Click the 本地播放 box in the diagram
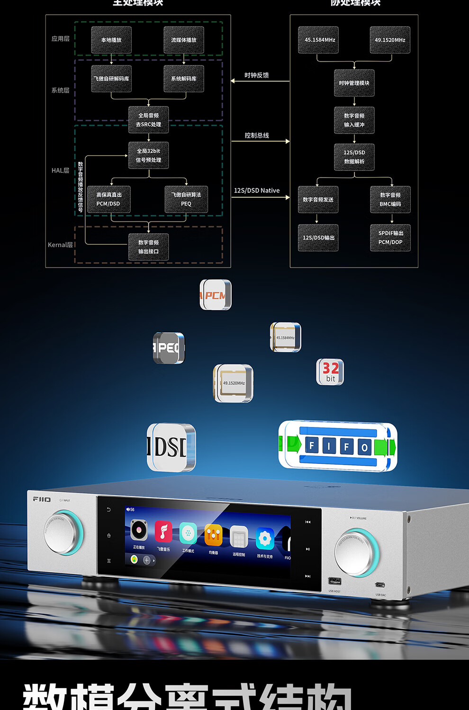111,40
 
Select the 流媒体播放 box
184,40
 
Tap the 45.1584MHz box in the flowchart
320,40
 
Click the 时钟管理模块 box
354,83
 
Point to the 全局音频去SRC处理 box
148,120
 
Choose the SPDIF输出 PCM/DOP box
390,238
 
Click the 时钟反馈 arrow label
257,75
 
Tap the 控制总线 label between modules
257,135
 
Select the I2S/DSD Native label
257,190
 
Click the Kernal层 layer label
60,245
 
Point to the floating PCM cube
216,295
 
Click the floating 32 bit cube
330,372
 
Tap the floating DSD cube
171,447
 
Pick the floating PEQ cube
168,348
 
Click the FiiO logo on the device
42,499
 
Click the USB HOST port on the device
334,581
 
